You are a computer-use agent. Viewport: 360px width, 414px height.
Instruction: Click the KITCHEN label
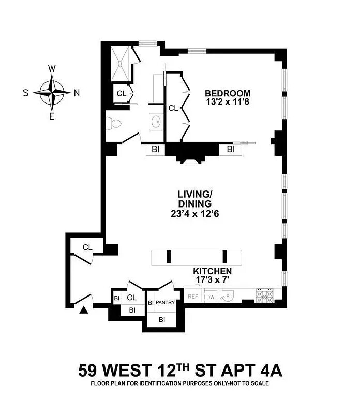(212, 271)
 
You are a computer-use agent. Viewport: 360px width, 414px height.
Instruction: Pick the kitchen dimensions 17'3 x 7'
(212, 280)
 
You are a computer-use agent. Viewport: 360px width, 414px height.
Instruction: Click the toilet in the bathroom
(114, 124)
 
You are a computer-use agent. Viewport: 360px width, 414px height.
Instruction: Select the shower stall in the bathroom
(121, 64)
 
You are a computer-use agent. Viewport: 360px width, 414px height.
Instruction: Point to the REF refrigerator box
(193, 297)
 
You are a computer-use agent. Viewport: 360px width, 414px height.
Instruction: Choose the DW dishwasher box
(211, 297)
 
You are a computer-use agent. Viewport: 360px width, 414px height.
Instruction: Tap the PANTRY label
(166, 303)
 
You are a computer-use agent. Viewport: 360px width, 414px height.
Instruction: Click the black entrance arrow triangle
(83, 309)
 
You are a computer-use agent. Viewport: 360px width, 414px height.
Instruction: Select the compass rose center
(52, 93)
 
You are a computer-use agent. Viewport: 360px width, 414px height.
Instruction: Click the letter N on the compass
(77, 93)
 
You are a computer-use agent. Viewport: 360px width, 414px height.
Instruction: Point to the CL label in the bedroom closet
(173, 108)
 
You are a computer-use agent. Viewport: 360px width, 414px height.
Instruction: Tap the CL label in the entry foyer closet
(87, 247)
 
